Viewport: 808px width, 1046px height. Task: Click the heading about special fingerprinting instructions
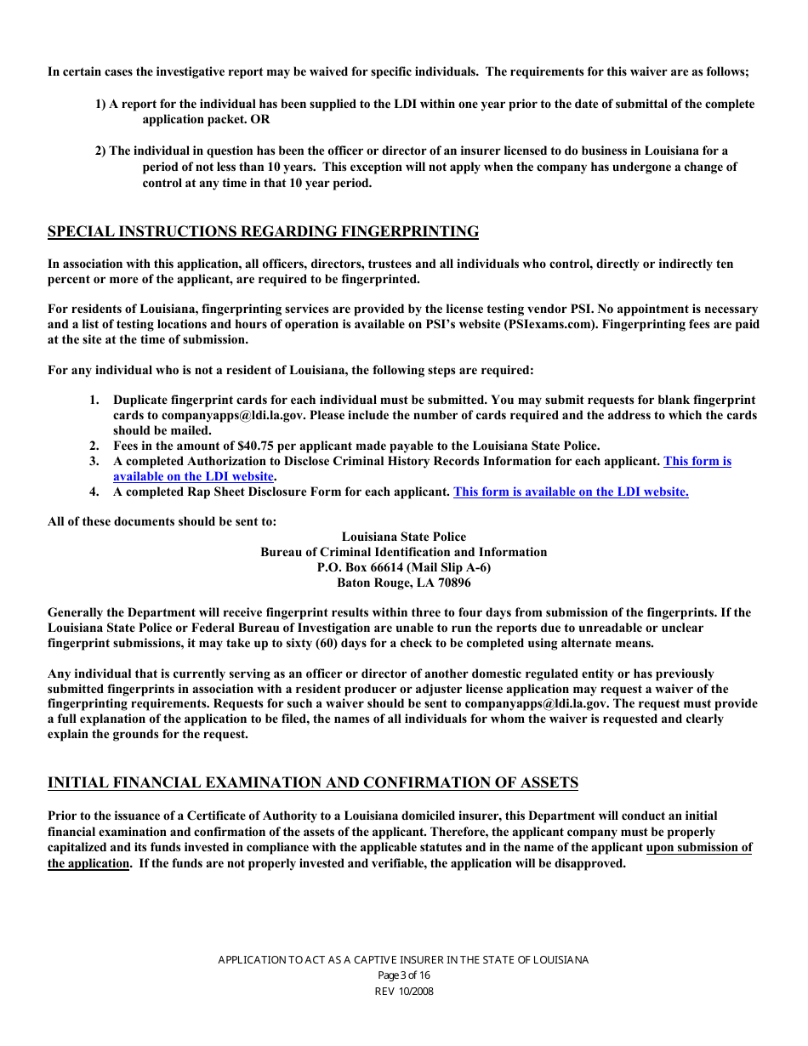263,232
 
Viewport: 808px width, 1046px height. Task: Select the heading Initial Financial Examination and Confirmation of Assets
312,782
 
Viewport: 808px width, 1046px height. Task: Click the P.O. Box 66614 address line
403,567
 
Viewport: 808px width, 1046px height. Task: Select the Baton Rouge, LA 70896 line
403,583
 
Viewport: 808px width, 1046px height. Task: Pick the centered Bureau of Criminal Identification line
403,552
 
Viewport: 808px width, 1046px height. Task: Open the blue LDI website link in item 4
571,492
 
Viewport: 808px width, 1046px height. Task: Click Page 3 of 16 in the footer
404,975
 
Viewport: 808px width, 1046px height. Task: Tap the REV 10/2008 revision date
404,991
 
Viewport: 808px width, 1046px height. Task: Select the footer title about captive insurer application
403,960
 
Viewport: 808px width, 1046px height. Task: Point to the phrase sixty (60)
370,643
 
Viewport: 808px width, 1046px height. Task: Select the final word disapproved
591,863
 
